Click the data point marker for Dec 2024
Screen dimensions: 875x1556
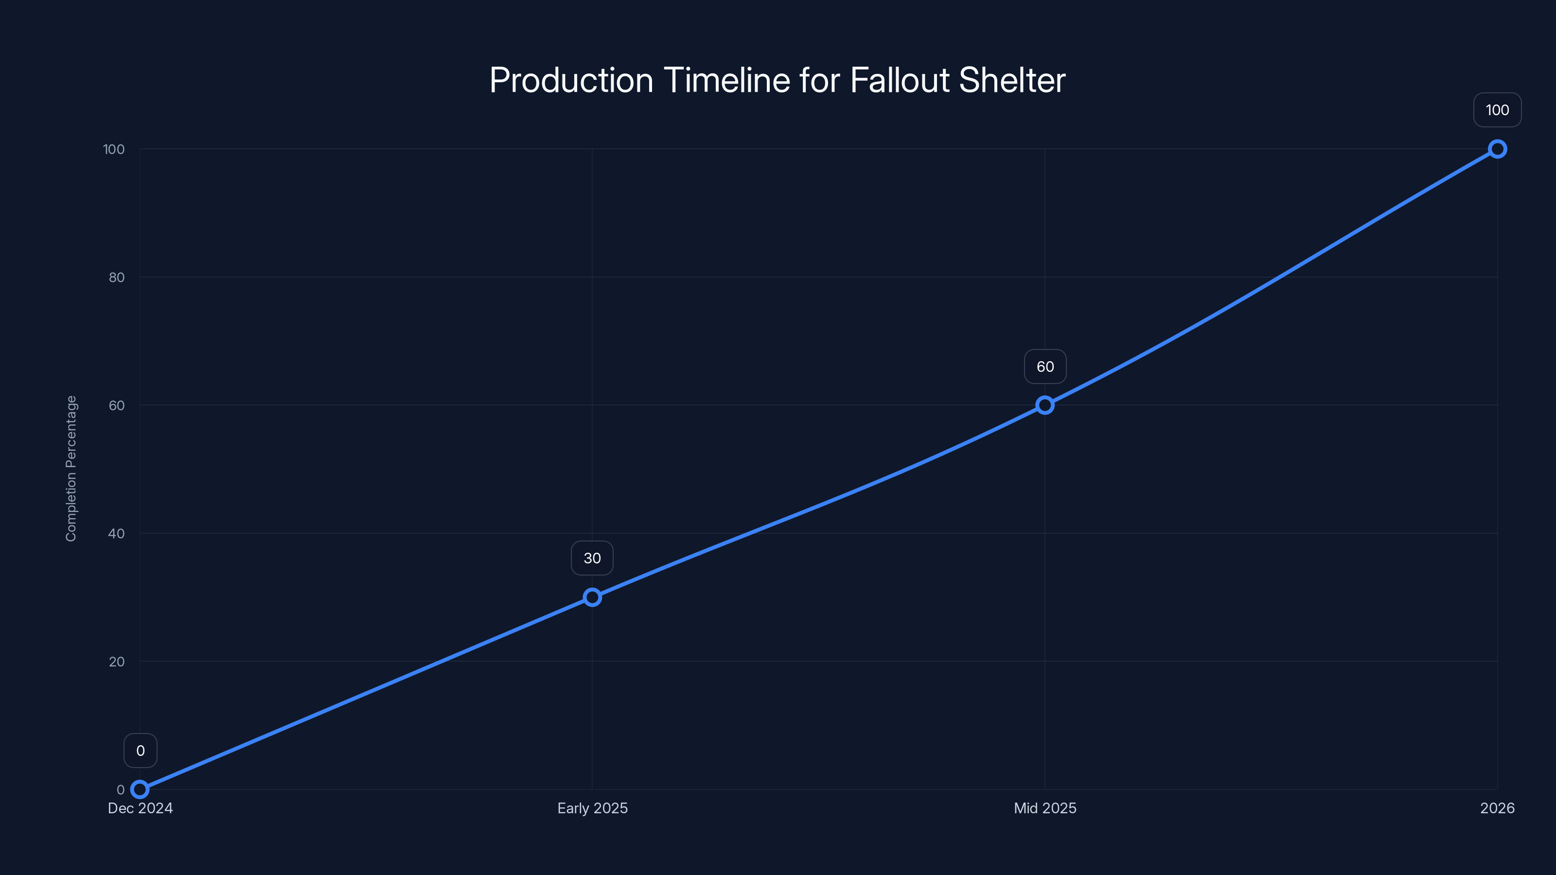[x=140, y=789]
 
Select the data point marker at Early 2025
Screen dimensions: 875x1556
[x=592, y=597]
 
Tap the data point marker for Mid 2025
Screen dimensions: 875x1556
[x=1045, y=405]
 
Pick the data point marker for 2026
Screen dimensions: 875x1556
[x=1498, y=149]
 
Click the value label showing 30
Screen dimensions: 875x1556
[x=592, y=558]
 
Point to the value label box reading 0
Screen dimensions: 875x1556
[x=140, y=751]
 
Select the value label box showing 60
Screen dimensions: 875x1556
[x=1045, y=367]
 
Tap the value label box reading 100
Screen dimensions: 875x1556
[x=1498, y=110]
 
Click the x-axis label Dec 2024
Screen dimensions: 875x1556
[x=140, y=808]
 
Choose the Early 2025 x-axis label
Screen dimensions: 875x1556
[x=592, y=808]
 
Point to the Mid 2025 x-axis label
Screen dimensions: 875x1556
[x=1045, y=808]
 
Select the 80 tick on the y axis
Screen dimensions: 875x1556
[x=117, y=277]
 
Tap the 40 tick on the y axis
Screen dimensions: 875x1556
[x=117, y=533]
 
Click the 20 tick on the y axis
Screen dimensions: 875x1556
[x=117, y=661]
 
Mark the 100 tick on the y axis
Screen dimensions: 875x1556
[x=114, y=149]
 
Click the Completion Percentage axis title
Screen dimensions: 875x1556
[x=71, y=469]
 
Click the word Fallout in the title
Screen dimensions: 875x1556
[x=899, y=80]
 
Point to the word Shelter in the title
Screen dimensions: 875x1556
[x=1012, y=80]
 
